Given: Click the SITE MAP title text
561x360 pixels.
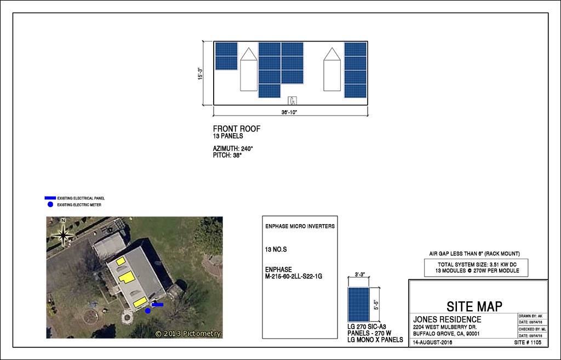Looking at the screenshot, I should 474,306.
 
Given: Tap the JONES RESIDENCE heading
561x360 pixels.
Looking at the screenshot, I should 447,319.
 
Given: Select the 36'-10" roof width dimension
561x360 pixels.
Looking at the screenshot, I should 290,112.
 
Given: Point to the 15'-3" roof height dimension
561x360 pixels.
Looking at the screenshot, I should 201,73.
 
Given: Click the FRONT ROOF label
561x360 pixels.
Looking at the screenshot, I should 237,129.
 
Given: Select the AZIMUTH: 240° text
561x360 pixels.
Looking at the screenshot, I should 233,148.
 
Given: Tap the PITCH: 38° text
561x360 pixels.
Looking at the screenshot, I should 227,155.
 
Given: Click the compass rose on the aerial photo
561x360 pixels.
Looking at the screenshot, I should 64,235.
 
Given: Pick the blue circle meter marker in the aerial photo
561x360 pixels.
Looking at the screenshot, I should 147,311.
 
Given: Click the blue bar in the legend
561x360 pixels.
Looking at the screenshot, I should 50,198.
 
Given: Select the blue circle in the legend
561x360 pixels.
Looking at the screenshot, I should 50,204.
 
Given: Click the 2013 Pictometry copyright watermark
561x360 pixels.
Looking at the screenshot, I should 187,333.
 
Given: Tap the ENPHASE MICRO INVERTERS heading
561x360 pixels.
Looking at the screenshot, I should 300,226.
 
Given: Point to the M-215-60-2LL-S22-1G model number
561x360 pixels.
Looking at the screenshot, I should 293,277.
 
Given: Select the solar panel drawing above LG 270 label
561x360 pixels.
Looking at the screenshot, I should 358,304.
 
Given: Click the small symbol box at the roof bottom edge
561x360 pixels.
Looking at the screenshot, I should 293,100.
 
